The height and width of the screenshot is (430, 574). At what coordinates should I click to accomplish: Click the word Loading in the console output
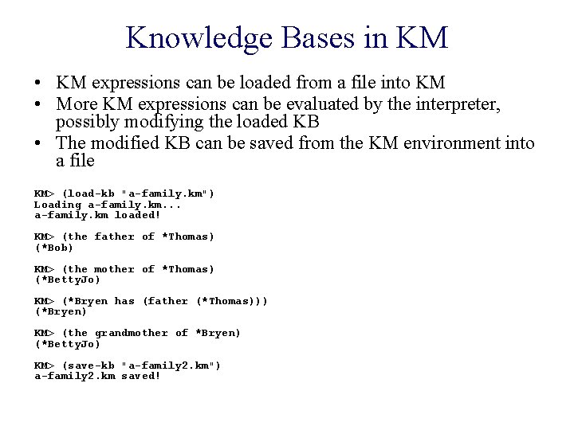(x=57, y=205)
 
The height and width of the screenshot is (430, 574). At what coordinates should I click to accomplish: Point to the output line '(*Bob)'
(x=53, y=248)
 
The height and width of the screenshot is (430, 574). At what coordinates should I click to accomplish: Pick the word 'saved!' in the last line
(x=141, y=376)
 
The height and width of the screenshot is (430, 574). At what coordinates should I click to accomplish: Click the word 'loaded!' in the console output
(x=138, y=215)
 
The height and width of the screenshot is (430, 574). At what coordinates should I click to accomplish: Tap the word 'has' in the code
(x=124, y=301)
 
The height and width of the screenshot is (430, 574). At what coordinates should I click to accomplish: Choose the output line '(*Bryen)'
(x=61, y=311)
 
